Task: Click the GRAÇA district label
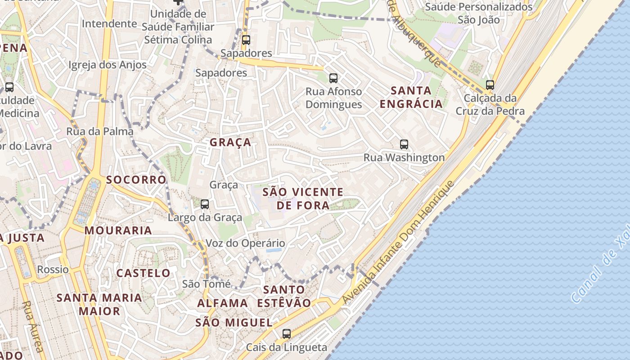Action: tap(230, 143)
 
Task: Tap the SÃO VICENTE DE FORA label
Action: tap(303, 199)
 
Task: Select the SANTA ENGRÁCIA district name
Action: tap(411, 97)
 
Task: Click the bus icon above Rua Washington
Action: tap(404, 144)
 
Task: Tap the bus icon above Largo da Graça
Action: tap(205, 204)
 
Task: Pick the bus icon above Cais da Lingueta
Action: tap(287, 334)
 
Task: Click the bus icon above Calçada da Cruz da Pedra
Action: tap(490, 85)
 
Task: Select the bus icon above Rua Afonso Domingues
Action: tap(333, 78)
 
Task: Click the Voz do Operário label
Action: tap(245, 243)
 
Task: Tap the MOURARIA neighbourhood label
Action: tap(118, 230)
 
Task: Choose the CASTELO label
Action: tap(144, 273)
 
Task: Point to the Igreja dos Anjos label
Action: tap(108, 65)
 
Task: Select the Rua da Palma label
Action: tap(100, 131)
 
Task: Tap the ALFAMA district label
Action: tap(223, 303)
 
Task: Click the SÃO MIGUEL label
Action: tap(234, 323)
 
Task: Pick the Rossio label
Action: tap(53, 270)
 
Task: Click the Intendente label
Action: tap(109, 23)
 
